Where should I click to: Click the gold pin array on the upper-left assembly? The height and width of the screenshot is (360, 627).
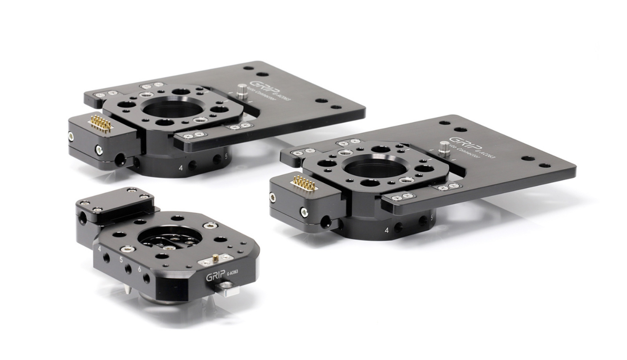click(x=101, y=122)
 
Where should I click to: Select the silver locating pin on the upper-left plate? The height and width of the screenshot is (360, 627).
click(x=241, y=91)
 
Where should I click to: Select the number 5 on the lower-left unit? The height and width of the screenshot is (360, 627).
click(x=121, y=260)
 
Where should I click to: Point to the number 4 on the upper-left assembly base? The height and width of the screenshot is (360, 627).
click(x=181, y=168)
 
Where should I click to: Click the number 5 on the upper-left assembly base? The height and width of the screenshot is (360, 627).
click(x=227, y=157)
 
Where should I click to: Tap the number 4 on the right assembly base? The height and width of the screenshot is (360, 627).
click(x=386, y=230)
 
